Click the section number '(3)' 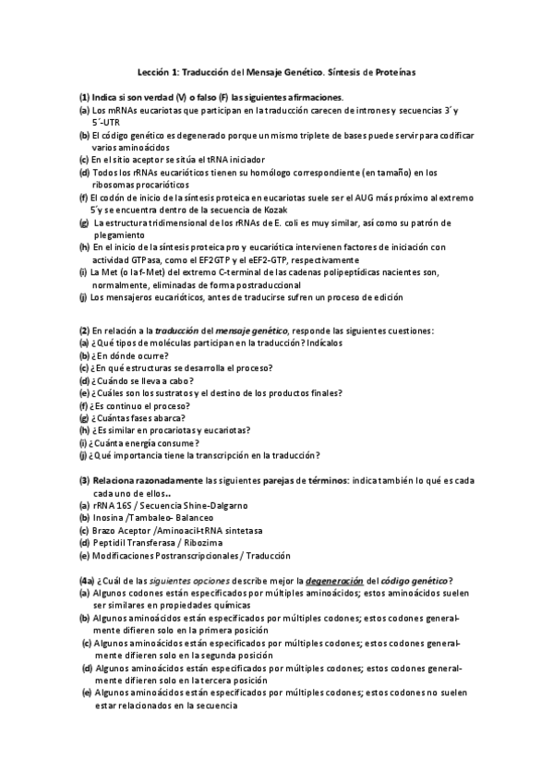[x=84, y=480]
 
